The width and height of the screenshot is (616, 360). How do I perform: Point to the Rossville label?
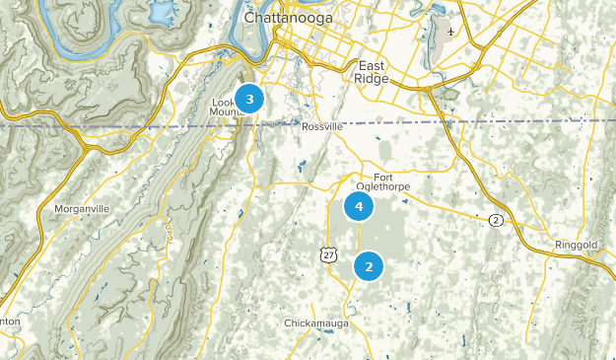(322, 126)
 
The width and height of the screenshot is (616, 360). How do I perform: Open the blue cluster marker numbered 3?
(249, 99)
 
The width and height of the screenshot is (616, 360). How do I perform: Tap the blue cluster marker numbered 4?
(359, 207)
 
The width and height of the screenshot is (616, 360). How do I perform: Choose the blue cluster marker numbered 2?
(369, 266)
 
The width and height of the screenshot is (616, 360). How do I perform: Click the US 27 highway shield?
(327, 254)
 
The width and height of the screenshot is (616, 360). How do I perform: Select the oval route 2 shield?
(496, 219)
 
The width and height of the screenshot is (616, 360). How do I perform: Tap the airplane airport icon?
(450, 31)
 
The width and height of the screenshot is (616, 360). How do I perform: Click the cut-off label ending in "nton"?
(10, 322)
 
